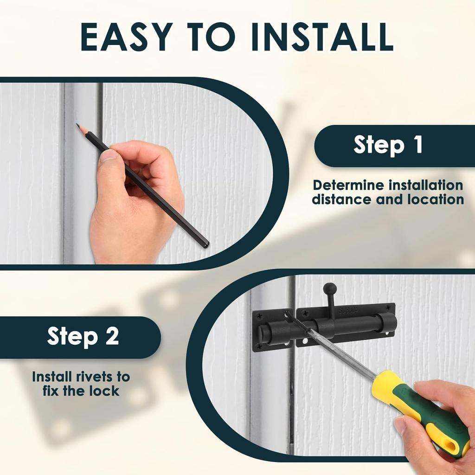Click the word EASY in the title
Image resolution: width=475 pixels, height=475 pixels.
coord(126,37)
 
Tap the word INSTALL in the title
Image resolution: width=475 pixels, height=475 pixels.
coord(322,37)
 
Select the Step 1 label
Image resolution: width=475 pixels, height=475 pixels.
coord(388,145)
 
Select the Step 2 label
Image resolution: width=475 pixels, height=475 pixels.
coord(83,336)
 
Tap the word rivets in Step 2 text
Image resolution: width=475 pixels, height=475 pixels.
coord(92,377)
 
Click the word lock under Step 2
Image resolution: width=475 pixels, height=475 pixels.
coord(104,391)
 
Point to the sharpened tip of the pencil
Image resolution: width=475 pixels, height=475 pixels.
coord(77,124)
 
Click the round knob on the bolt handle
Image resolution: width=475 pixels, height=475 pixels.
coord(329,288)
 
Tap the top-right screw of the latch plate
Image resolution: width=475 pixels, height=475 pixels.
coord(388,308)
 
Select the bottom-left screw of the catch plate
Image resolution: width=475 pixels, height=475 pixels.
coord(259,346)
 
